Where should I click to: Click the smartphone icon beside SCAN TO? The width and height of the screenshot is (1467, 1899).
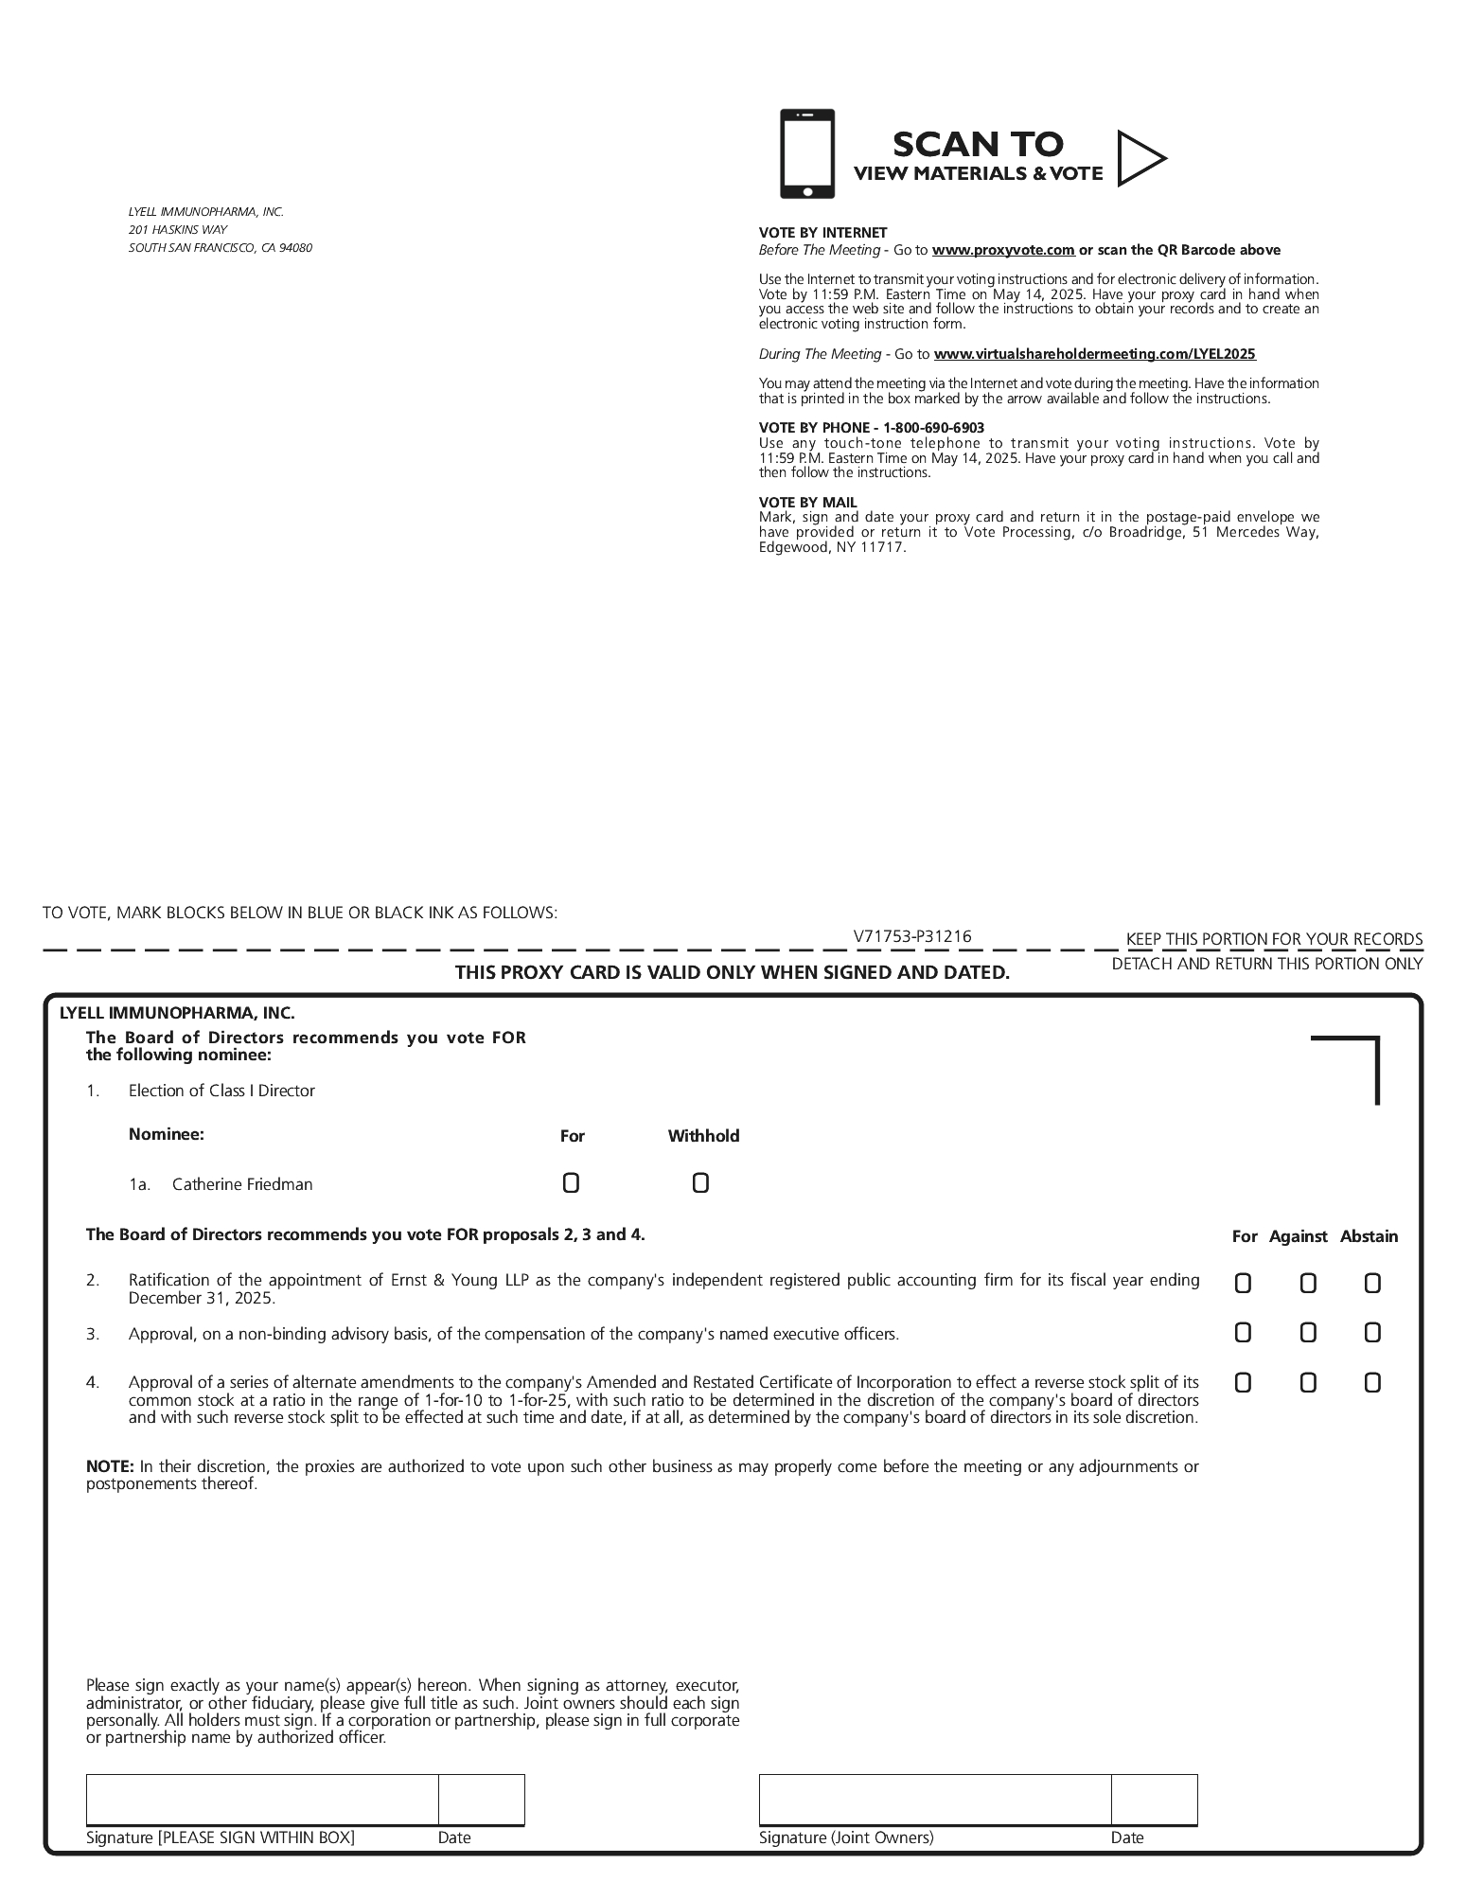click(806, 153)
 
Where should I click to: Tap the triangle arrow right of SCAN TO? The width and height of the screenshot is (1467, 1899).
click(1139, 158)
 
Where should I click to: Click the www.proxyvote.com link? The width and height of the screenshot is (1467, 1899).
click(1003, 250)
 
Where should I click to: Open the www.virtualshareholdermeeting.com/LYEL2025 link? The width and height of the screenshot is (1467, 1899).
click(1094, 354)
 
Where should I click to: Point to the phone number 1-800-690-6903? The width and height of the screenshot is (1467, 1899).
click(933, 428)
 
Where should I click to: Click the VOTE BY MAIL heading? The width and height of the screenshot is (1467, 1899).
click(807, 503)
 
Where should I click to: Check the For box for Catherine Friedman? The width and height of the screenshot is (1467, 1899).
click(571, 1183)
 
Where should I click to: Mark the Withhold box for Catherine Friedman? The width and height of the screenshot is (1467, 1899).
click(700, 1183)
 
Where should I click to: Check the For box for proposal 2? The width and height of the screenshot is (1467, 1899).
click(1243, 1284)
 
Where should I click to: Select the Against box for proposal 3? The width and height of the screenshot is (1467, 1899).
click(1308, 1333)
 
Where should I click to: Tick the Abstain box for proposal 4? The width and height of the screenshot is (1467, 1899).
click(1372, 1383)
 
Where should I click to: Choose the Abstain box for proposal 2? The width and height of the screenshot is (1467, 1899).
click(1372, 1284)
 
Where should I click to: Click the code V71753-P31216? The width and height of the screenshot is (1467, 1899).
click(911, 936)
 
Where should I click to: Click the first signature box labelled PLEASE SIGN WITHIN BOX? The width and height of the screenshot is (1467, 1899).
click(262, 1800)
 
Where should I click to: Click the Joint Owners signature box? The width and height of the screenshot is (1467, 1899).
click(934, 1800)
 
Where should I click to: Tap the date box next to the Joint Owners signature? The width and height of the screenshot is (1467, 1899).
click(1154, 1800)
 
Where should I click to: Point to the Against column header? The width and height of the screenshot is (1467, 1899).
click(1298, 1236)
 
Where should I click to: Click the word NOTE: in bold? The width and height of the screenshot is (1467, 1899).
click(110, 1466)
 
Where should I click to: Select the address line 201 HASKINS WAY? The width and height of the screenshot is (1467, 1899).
click(178, 230)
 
